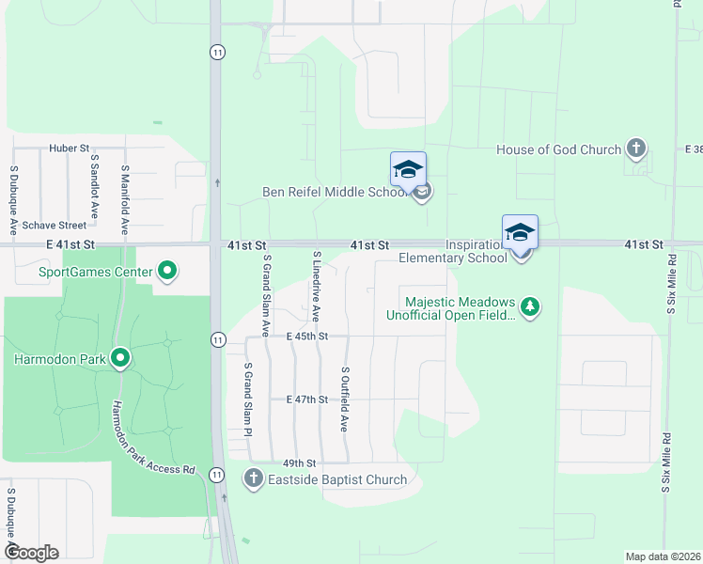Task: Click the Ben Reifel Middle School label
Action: (x=336, y=194)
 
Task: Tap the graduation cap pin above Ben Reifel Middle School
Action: (x=408, y=170)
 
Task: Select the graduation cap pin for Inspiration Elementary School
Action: (x=520, y=233)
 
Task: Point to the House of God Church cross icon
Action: (x=636, y=149)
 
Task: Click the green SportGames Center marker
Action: (x=167, y=274)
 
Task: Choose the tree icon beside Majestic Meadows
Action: (x=531, y=307)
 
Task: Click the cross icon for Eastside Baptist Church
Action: (x=253, y=479)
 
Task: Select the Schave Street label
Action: (x=55, y=226)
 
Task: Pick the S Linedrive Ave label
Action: (x=317, y=286)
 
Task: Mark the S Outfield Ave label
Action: (x=345, y=399)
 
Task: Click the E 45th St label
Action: (x=307, y=336)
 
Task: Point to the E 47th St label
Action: (x=306, y=399)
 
